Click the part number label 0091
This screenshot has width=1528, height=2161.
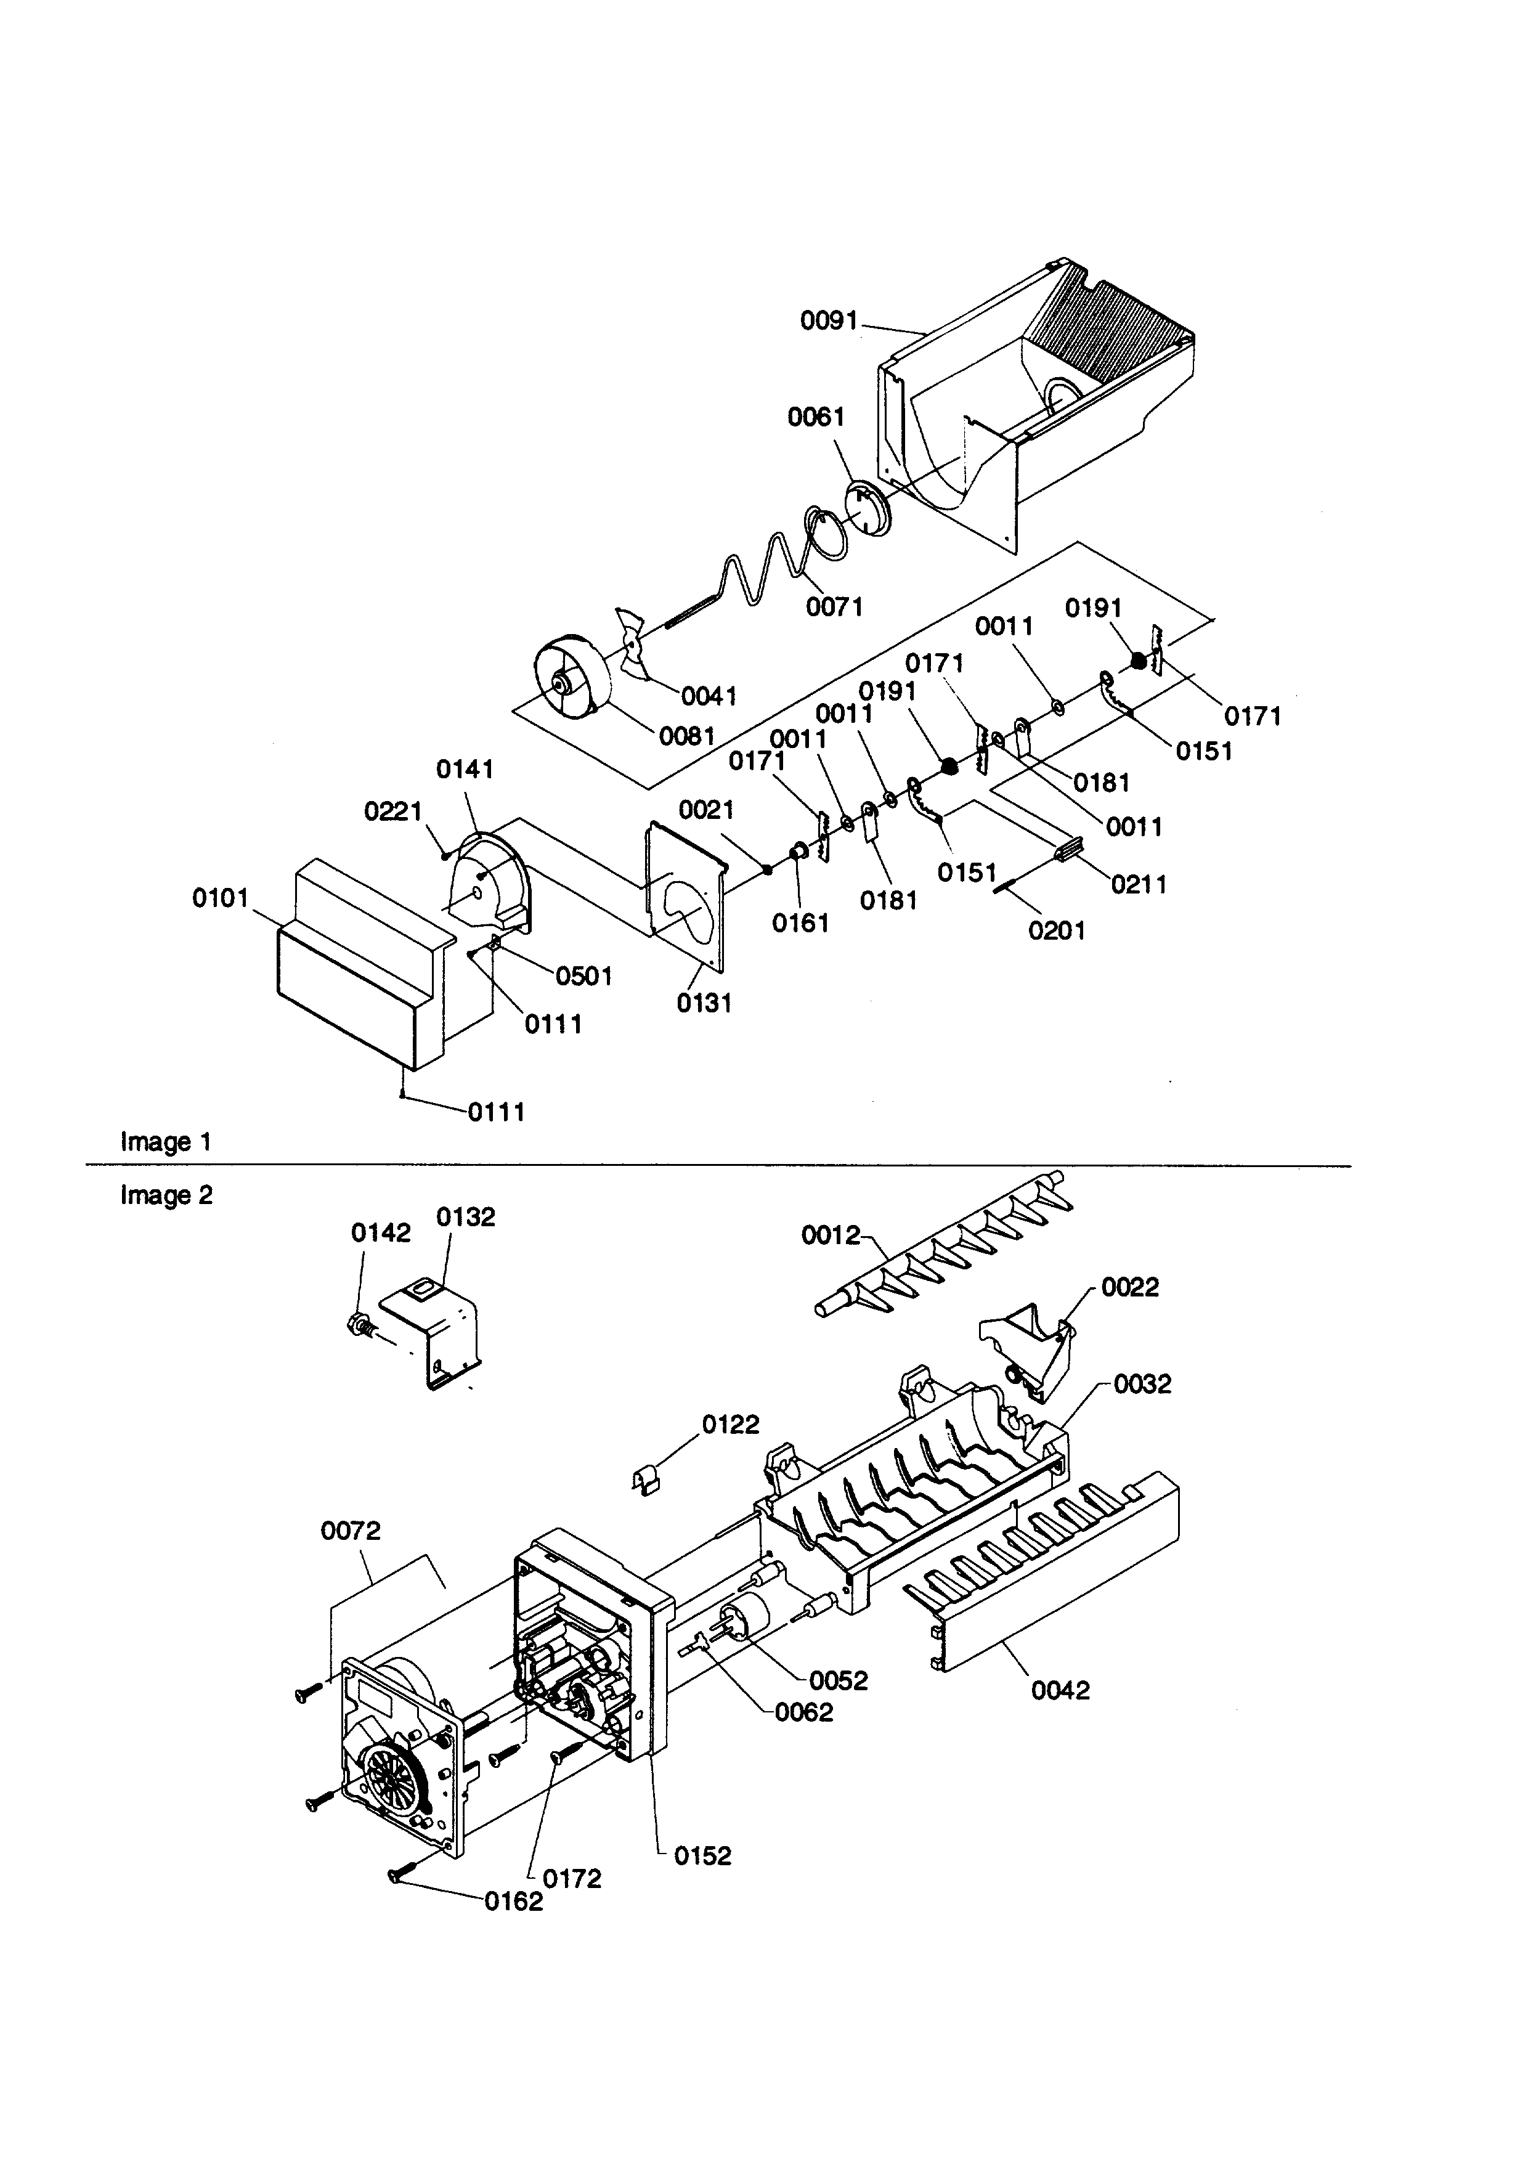click(828, 321)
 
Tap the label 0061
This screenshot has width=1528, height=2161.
click(816, 417)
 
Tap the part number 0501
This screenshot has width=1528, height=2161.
click(583, 976)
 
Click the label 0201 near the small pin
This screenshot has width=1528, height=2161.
click(1057, 931)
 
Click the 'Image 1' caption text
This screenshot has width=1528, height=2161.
click(166, 1142)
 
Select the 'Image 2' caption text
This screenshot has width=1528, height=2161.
click(166, 1195)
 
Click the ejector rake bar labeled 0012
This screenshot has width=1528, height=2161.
click(941, 1254)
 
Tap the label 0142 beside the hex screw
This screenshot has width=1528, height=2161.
click(381, 1233)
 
